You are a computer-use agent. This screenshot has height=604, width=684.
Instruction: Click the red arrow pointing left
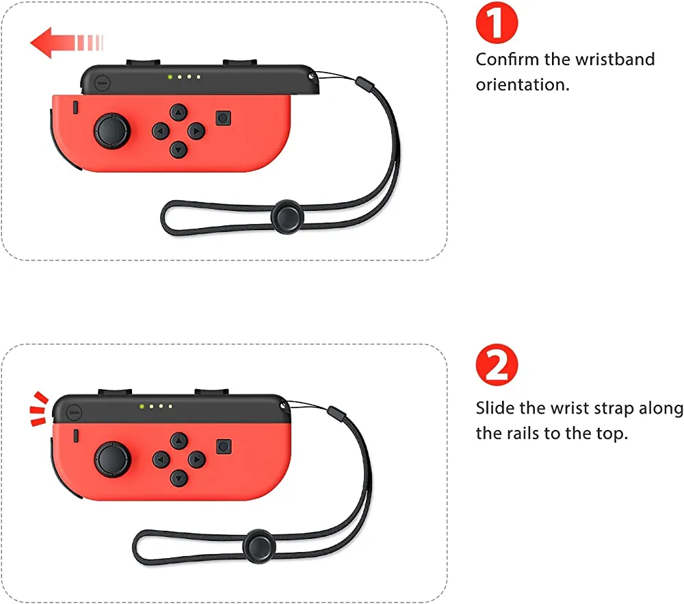click(66, 42)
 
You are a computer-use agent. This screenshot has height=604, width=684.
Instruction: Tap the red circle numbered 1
click(497, 23)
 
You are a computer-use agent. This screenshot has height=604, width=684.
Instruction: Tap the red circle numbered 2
click(497, 365)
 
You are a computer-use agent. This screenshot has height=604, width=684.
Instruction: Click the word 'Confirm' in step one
click(507, 60)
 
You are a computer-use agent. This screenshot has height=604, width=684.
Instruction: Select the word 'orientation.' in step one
click(523, 85)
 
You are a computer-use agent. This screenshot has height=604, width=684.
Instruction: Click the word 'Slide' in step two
click(495, 408)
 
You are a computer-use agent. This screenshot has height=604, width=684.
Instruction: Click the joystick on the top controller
click(112, 131)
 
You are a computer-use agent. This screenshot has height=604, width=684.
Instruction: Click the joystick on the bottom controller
click(113, 460)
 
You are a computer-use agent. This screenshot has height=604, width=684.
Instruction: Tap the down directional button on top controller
click(178, 150)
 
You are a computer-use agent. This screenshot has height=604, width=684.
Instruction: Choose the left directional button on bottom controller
click(161, 460)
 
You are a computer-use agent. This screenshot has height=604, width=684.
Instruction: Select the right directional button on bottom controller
click(197, 460)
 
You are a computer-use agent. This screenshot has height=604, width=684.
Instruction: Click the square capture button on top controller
click(224, 118)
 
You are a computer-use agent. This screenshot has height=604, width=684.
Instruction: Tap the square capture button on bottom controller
click(224, 446)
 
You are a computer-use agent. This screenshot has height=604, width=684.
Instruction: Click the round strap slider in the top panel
click(287, 216)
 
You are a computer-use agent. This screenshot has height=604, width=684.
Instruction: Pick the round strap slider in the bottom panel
click(259, 546)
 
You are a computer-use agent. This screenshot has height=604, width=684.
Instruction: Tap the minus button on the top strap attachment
click(102, 83)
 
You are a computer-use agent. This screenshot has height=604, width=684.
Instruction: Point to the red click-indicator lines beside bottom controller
click(39, 409)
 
